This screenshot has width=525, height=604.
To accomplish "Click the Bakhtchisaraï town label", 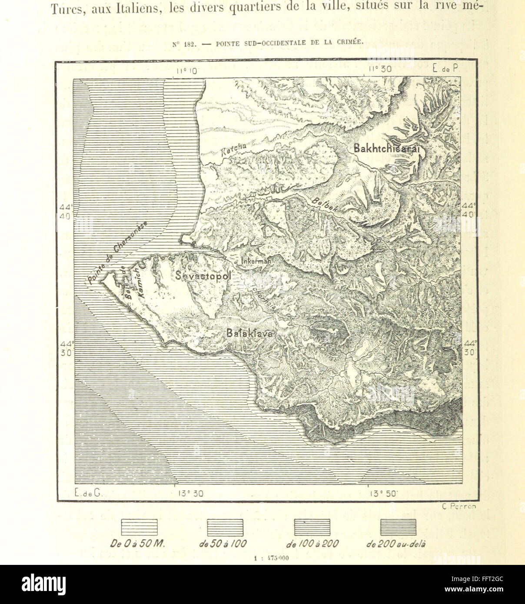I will [x=388, y=148].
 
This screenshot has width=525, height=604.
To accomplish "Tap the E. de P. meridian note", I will [x=446, y=69].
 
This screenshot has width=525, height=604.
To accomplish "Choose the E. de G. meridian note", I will [x=86, y=493].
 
